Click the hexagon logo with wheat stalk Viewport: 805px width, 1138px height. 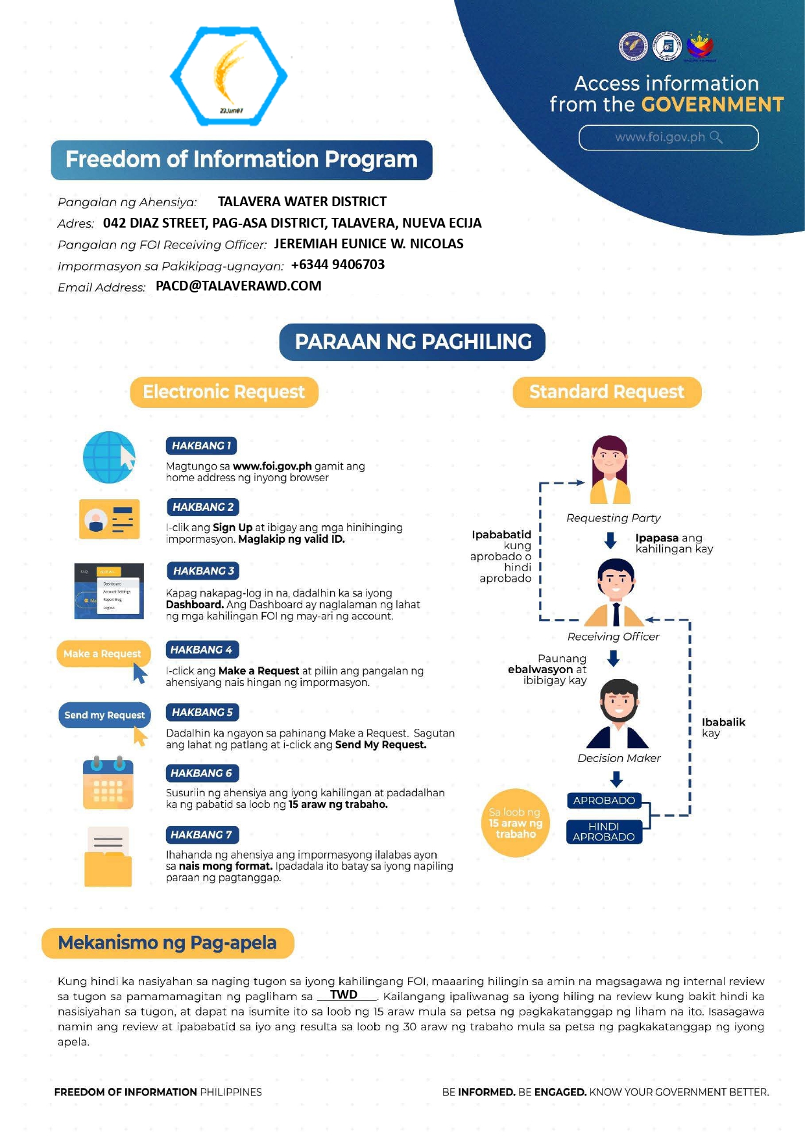point(228,76)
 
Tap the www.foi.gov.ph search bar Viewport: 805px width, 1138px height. point(668,137)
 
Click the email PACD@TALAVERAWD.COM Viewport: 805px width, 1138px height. point(239,286)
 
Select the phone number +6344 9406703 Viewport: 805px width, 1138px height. point(338,265)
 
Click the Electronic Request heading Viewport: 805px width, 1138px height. point(224,392)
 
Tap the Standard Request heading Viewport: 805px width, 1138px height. point(607,392)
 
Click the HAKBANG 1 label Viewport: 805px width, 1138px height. point(202,446)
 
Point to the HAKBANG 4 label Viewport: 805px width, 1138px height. point(202,650)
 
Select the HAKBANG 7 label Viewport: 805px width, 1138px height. point(202,835)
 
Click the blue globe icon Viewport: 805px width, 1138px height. point(109,457)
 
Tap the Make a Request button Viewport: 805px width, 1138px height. point(103,654)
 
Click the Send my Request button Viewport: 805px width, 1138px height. point(104,715)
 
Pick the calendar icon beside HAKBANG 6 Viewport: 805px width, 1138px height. point(108,783)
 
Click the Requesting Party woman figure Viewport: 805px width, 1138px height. point(610,469)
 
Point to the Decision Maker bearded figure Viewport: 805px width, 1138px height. point(618,714)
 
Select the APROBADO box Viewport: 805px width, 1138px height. point(604,801)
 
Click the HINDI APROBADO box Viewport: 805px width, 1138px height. point(604,832)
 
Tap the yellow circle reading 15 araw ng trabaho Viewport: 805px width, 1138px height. point(516,824)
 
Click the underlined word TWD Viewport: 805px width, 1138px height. point(344,995)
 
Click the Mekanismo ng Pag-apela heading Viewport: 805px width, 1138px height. point(167,943)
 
